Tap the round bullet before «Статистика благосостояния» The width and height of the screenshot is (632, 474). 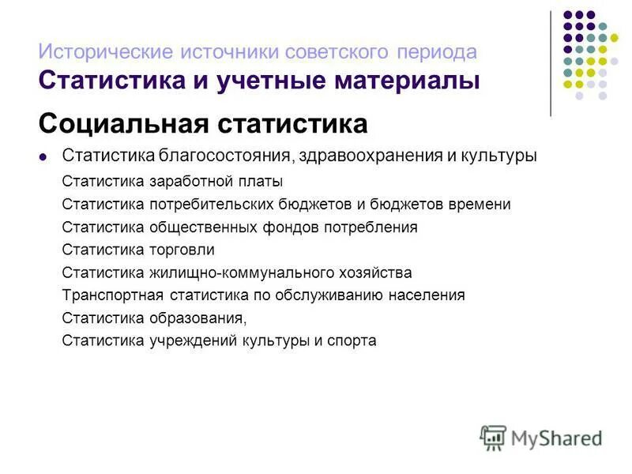click(43, 156)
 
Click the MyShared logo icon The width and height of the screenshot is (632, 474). click(493, 437)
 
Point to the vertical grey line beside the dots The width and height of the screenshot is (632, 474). click(551, 63)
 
